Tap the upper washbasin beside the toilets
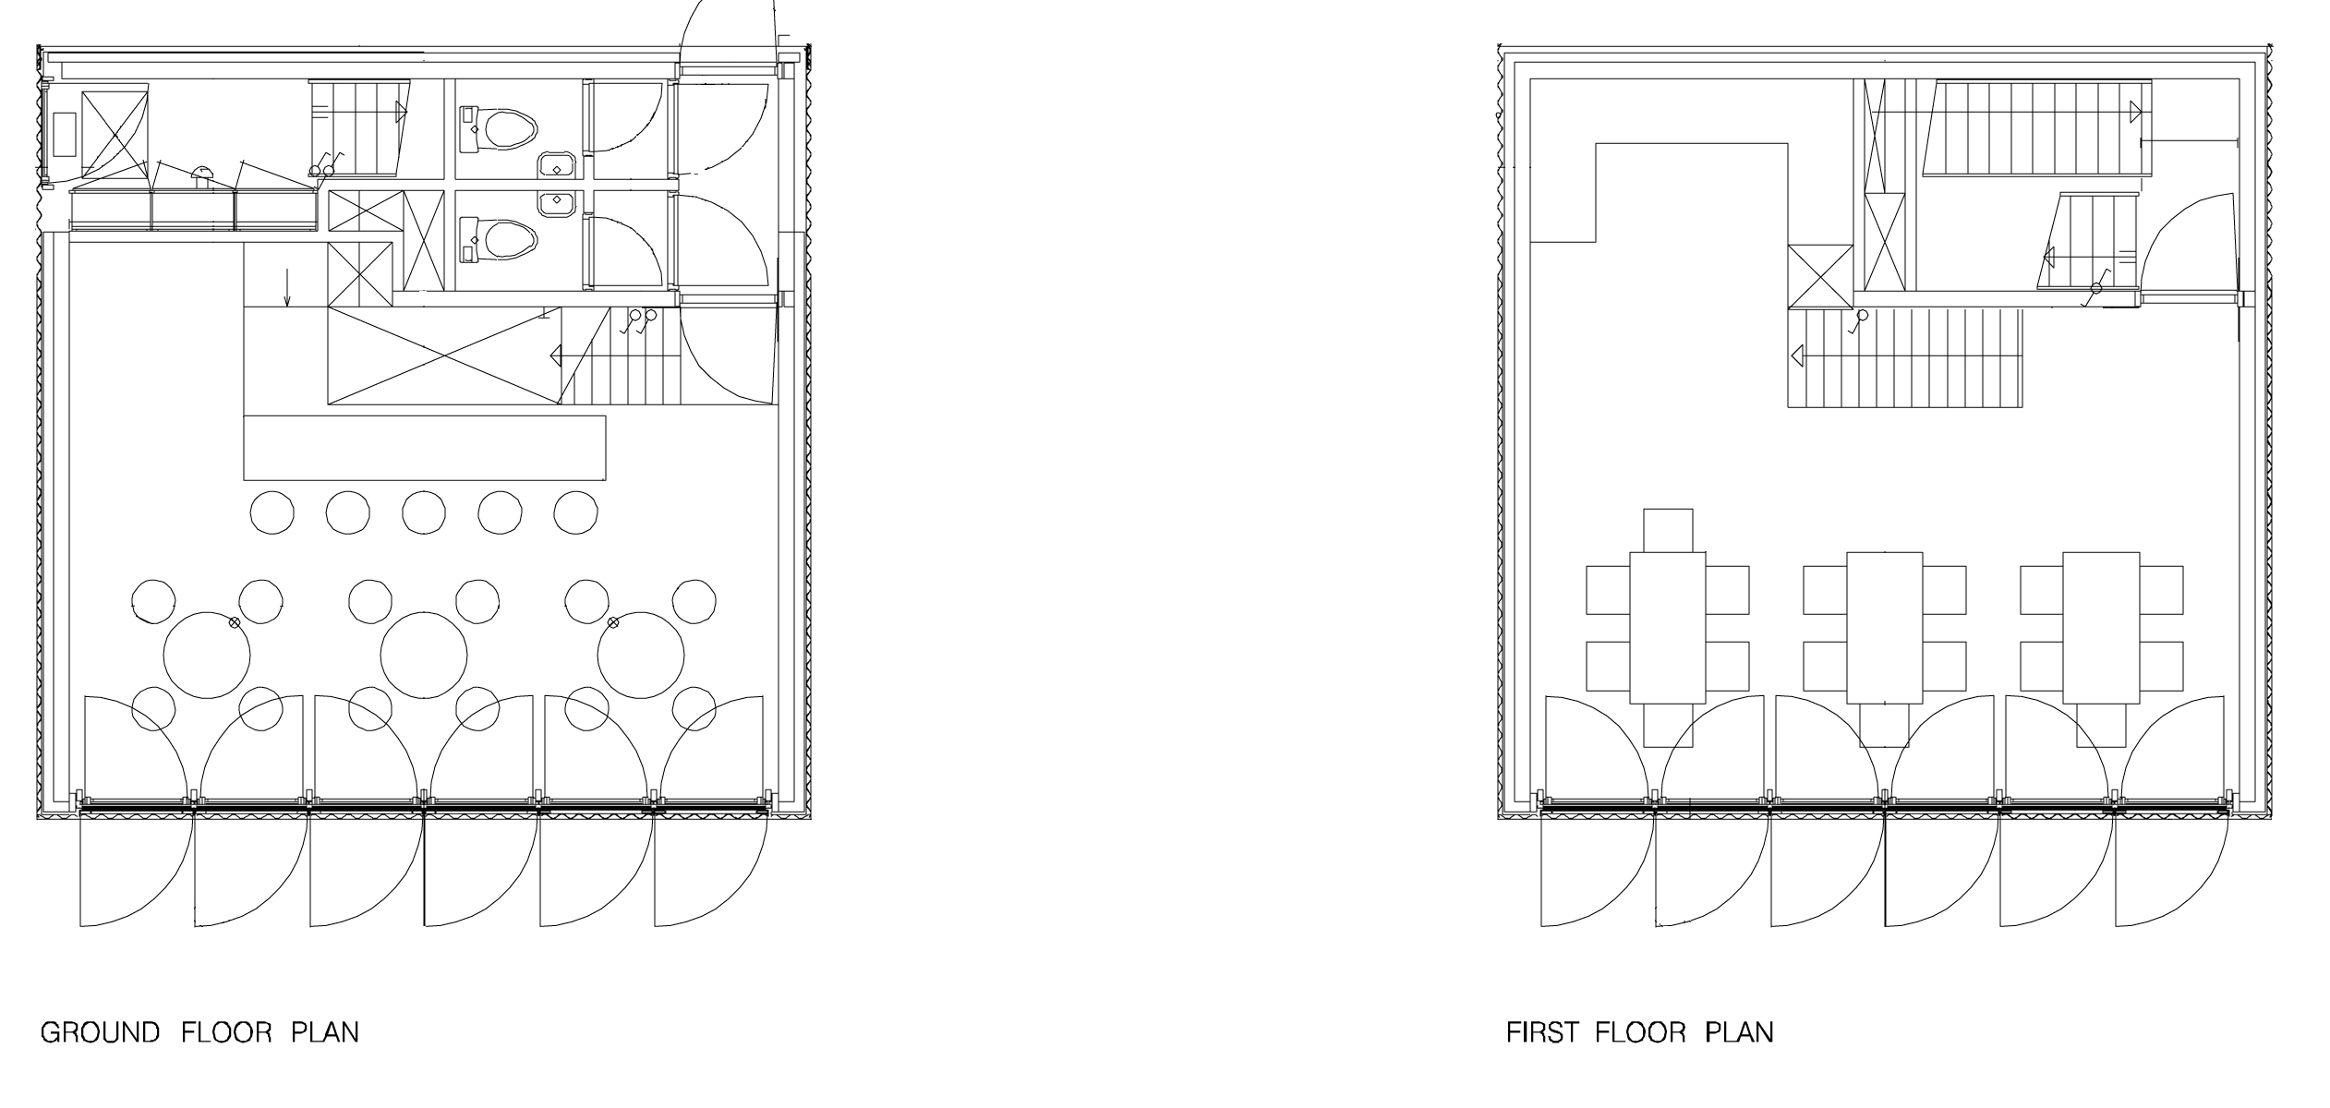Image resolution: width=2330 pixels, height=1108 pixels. [x=556, y=164]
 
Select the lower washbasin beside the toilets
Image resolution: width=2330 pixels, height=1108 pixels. [x=556, y=203]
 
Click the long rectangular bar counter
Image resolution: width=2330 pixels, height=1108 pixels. [x=425, y=448]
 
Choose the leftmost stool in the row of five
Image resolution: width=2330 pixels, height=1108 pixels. [x=272, y=512]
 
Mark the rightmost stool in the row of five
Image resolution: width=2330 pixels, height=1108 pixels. [x=575, y=512]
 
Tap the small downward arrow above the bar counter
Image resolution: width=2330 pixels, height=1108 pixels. [x=287, y=287]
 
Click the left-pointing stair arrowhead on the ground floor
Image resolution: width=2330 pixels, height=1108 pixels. [x=557, y=355]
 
